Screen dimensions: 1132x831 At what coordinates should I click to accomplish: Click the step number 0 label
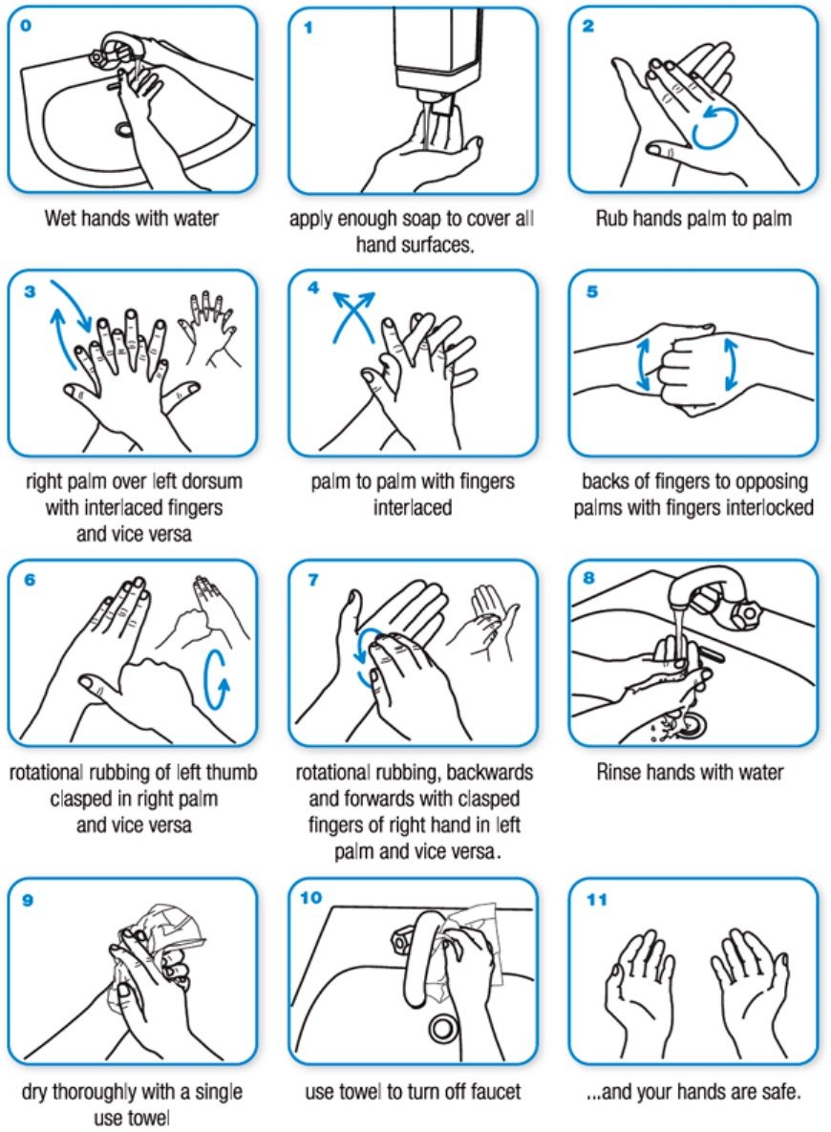pyautogui.click(x=26, y=26)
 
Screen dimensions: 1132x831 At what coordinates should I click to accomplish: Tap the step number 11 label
pyautogui.click(x=596, y=899)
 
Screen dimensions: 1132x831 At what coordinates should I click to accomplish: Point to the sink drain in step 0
pyautogui.click(x=124, y=128)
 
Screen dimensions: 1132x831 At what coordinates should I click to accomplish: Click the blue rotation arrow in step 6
pyautogui.click(x=217, y=679)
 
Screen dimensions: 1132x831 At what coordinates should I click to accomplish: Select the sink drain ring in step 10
pyautogui.click(x=441, y=1028)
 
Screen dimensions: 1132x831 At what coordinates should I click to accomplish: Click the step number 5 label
pyautogui.click(x=592, y=290)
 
